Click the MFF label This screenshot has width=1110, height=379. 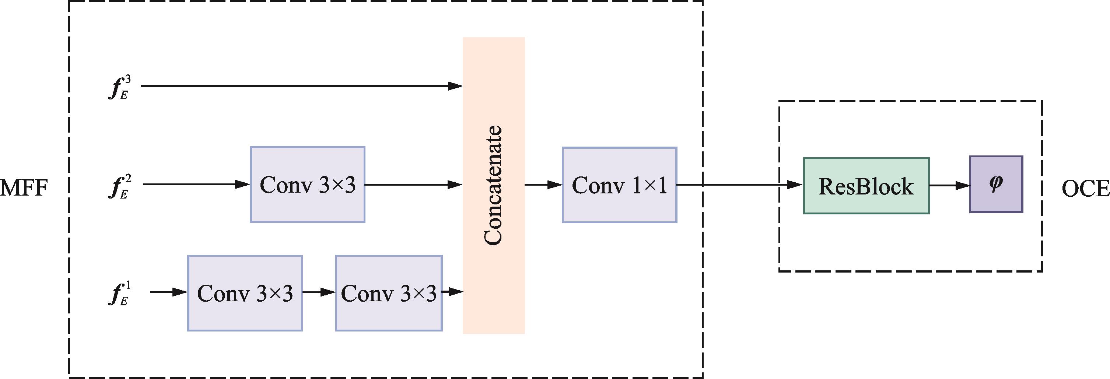pos(24,188)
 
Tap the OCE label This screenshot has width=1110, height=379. pos(1085,189)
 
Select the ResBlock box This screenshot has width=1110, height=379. pos(866,186)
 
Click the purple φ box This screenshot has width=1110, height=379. pos(996,184)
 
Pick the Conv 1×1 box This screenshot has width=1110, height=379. pos(619,185)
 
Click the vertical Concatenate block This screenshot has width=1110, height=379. pos(493,185)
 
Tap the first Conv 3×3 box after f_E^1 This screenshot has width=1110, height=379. pos(245,293)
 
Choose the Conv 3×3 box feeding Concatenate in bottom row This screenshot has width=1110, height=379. pos(389,293)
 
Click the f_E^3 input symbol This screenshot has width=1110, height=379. pos(119,87)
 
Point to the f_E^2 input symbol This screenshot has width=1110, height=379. pos(119,186)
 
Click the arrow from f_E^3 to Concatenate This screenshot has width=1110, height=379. pos(302,86)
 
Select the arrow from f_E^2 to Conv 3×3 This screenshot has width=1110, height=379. pos(196,185)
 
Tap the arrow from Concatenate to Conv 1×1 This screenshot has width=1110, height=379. pos(543,185)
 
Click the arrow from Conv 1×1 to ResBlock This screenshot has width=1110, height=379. pos(739,185)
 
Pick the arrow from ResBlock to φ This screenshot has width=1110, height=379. pos(949,186)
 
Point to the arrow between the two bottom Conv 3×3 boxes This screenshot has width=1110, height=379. pos(319,292)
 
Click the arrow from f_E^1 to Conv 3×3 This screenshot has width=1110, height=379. pos(169,292)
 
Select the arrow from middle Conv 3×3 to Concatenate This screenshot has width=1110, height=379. pos(414,185)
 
